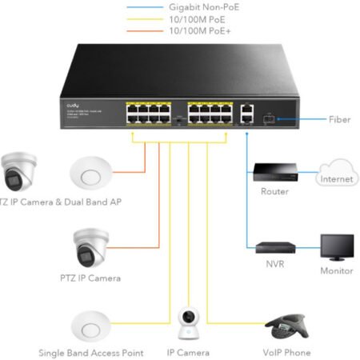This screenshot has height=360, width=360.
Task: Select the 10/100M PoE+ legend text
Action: [x=200, y=30]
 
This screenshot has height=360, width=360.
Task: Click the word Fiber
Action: [x=339, y=120]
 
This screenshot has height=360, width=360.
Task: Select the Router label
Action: [x=274, y=192]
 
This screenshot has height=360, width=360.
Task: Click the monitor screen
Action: [x=337, y=247]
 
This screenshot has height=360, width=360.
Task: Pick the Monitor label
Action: [x=337, y=271]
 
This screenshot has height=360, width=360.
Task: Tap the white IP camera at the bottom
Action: [x=189, y=322]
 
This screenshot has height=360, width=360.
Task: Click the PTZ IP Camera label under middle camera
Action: [x=90, y=278]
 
